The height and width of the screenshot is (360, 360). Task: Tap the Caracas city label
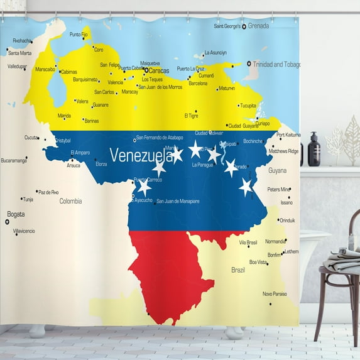coord(158,70)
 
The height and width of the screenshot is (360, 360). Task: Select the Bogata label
coord(16,214)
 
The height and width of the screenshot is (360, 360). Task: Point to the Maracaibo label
coord(45,69)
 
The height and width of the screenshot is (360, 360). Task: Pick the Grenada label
coord(258,26)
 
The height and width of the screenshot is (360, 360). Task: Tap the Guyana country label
coord(277,170)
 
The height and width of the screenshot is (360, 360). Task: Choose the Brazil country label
coord(238,270)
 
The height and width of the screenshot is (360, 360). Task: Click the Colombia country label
coord(70,201)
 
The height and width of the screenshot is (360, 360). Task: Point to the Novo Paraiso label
coord(275,293)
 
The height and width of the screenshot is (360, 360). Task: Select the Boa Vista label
coord(258,262)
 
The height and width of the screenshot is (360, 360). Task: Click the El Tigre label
coord(191,116)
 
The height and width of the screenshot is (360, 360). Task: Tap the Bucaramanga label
coord(14,160)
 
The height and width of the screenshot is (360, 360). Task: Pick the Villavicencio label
coord(24,231)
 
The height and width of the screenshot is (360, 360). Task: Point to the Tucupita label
coord(248,106)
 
